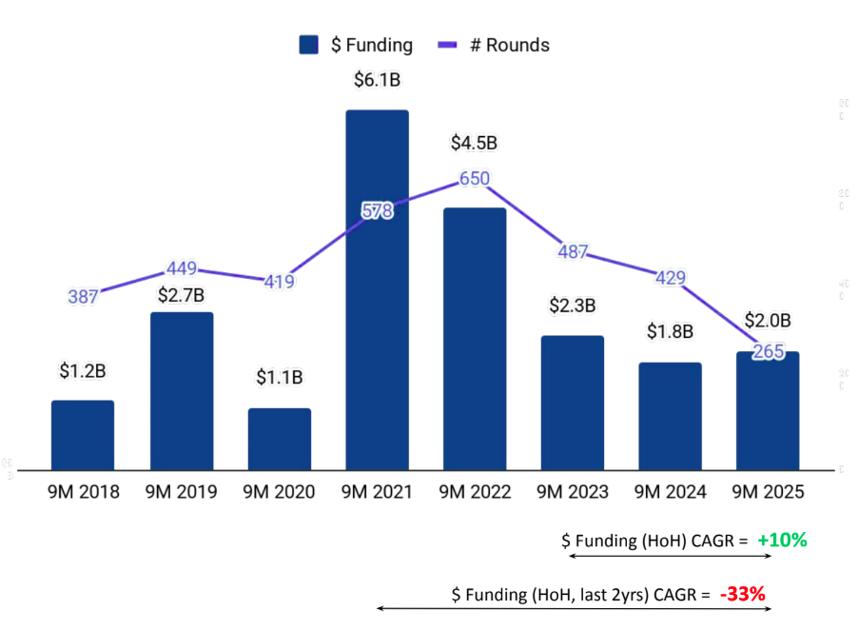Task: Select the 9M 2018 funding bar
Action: (83, 435)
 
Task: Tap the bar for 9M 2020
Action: (279, 439)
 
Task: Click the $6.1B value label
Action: (377, 82)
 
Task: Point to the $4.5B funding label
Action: (474, 144)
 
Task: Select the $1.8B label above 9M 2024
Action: (670, 331)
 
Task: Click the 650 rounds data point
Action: (475, 178)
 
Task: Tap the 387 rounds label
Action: (83, 296)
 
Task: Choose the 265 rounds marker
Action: (768, 351)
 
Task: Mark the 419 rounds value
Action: (279, 282)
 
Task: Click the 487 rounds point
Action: (573, 252)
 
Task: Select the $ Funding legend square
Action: (308, 45)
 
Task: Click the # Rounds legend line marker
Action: (449, 45)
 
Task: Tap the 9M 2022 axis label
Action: (475, 492)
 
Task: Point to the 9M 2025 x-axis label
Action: (768, 492)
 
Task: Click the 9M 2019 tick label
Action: (181, 492)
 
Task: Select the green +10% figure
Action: (782, 541)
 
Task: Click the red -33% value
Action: (742, 595)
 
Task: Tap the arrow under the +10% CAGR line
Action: (666, 560)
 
